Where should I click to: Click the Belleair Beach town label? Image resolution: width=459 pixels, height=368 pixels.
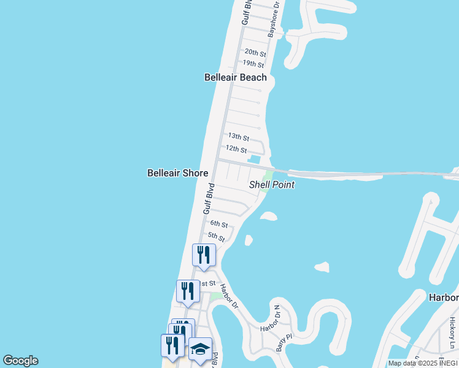(236, 77)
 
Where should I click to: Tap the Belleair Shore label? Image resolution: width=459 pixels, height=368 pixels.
(177, 174)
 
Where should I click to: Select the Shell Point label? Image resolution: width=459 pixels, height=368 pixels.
(272, 185)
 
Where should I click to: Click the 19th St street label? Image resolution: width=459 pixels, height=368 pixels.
(253, 64)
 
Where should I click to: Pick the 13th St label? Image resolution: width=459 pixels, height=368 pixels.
(238, 136)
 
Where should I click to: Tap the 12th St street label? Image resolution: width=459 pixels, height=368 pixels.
(236, 149)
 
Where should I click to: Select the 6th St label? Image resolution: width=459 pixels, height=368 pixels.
(219, 224)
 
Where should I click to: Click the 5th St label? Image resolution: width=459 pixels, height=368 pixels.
(217, 236)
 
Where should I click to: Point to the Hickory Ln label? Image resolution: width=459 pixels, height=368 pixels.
(451, 336)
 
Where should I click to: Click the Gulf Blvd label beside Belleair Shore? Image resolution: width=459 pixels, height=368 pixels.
(209, 199)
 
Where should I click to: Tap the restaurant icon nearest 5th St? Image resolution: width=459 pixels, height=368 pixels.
(204, 255)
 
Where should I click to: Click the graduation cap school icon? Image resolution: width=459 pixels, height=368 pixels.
(200, 350)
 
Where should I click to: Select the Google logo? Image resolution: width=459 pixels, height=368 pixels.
(20, 361)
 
